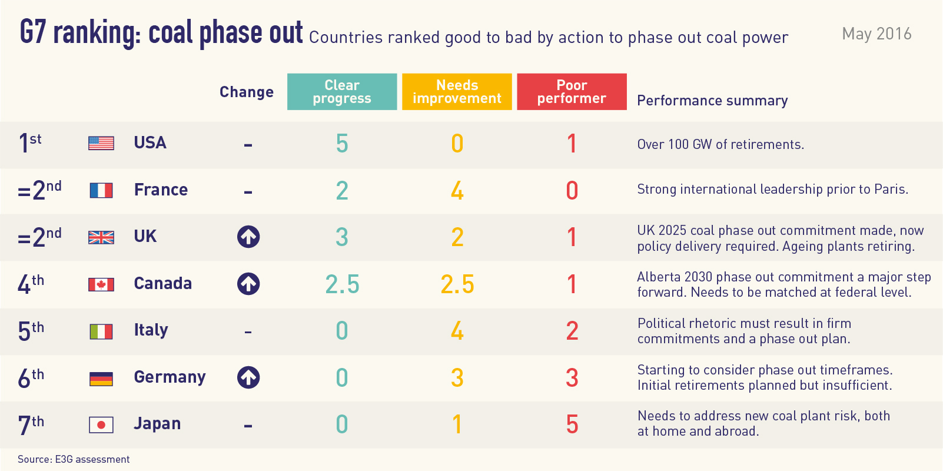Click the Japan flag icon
point(101,424)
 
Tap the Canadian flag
point(101,284)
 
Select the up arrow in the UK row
point(248,237)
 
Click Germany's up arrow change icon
point(248,377)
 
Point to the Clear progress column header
point(341,92)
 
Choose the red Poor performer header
point(572,92)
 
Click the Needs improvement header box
point(457,92)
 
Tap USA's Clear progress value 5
point(342,144)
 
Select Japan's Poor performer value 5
point(572,424)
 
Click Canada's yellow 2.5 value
point(457,284)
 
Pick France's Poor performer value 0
point(572,191)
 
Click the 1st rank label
point(30,143)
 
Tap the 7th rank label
point(31,424)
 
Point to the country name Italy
point(151,330)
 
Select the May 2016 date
point(876,34)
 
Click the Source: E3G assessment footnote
point(74,459)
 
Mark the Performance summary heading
point(712,101)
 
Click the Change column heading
point(247,92)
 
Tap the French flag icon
point(101,190)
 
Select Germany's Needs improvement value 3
point(457,378)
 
